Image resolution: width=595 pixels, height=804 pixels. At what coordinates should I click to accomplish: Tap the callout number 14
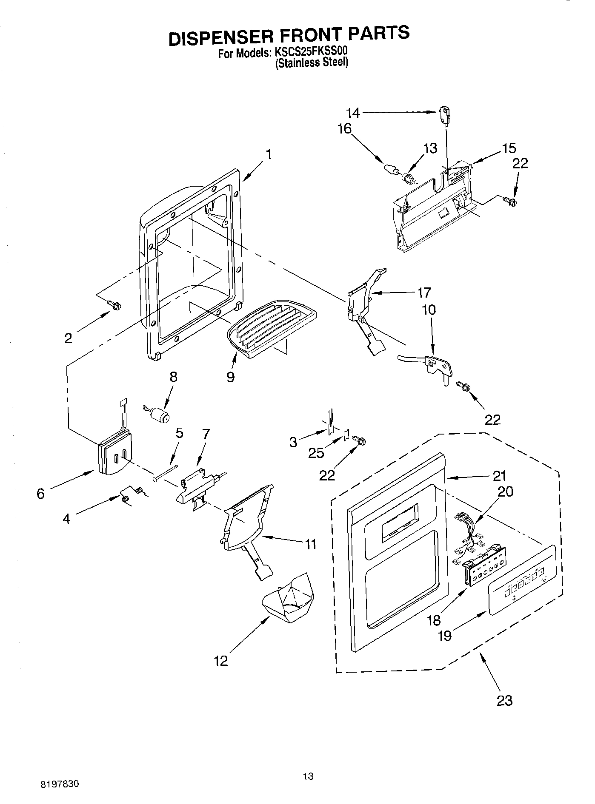[x=353, y=113]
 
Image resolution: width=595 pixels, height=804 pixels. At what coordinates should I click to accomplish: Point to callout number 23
[x=504, y=700]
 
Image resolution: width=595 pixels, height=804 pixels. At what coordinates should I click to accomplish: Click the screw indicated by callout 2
[x=115, y=304]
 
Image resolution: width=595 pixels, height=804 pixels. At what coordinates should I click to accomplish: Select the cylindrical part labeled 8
[x=160, y=414]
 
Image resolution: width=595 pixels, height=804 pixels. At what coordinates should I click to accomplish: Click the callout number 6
[x=40, y=494]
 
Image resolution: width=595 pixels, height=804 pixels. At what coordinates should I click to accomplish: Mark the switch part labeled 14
[x=444, y=116]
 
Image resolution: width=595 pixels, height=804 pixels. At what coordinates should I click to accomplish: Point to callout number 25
[x=316, y=453]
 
